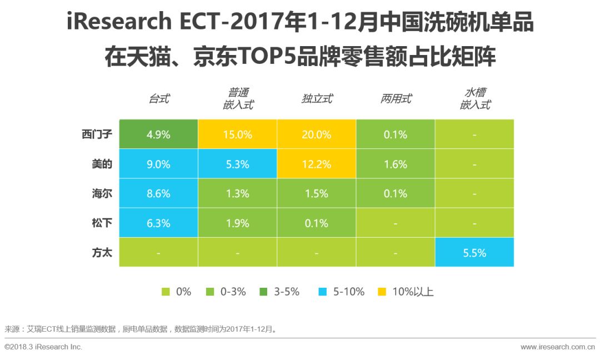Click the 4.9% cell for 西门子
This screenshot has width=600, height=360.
pos(158,134)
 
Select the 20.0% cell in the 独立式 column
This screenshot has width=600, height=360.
pos(317,134)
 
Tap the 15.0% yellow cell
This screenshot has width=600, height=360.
pos(237,134)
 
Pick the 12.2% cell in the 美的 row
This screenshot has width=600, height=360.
pos(317,164)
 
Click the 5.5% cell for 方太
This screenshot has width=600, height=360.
pos(474,253)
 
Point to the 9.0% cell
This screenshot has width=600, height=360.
pos(158,164)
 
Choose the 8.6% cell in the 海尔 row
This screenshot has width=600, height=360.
pos(158,194)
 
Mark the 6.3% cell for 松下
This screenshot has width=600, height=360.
pos(158,223)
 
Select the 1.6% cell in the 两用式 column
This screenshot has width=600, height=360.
pos(396,164)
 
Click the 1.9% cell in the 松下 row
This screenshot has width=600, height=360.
pos(237,223)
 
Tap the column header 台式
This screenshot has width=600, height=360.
pos(159,99)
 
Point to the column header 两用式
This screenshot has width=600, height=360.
pos(396,99)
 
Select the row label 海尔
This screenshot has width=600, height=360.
pos(101,194)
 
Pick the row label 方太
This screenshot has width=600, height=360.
pos(101,253)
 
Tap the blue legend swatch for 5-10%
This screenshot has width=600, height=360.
pos(323,291)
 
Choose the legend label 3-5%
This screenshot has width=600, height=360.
pos(287,291)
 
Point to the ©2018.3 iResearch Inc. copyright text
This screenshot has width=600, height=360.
pos(43,347)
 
